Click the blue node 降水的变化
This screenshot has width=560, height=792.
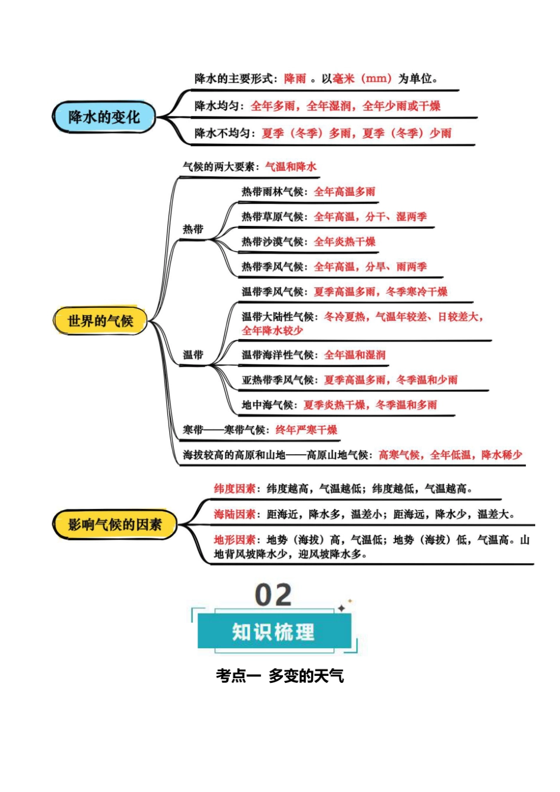104,117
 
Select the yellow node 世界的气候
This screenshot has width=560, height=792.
100,321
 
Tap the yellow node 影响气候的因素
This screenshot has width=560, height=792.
114,524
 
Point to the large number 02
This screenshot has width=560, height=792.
273,596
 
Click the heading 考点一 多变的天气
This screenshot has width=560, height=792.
280,676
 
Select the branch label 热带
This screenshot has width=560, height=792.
193,229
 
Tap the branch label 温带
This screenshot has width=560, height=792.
193,354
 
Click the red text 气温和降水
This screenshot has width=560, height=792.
291,166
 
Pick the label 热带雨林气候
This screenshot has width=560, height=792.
272,192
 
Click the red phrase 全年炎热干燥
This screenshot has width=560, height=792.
345,242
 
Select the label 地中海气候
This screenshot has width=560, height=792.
268,405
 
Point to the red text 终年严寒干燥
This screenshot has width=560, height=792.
307,430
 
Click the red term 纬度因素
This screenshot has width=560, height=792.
235,489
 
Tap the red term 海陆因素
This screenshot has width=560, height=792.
235,514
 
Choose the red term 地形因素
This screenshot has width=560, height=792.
235,540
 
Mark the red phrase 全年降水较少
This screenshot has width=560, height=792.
272,331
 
